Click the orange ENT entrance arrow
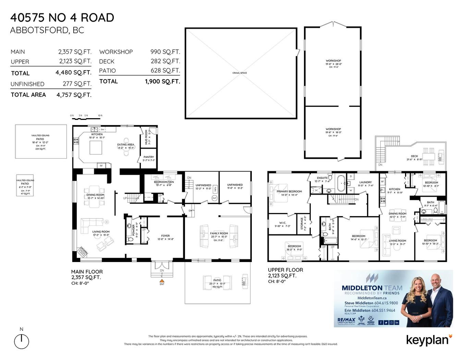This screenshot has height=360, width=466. [162, 281]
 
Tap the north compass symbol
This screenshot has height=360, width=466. [22, 341]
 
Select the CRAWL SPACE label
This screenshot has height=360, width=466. [240, 73]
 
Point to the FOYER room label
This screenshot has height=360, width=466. [165, 236]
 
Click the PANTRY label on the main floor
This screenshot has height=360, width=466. [149, 157]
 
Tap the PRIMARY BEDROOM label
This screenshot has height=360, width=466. [289, 191]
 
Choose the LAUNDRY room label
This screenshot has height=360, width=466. [366, 182]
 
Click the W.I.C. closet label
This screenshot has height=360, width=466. [282, 223]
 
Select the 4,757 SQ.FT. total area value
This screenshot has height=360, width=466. [74, 95]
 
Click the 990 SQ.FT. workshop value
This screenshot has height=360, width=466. [165, 52]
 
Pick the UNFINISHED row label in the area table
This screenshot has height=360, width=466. [27, 84]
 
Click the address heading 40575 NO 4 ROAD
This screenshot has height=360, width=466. [62, 17]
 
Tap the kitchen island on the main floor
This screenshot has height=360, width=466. [96, 148]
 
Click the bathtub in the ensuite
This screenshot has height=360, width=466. [341, 183]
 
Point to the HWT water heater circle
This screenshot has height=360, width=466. [214, 198]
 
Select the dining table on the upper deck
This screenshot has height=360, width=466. [428, 156]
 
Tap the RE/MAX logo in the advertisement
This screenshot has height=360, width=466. [346, 321]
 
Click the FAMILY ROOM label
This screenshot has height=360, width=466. [219, 233]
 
